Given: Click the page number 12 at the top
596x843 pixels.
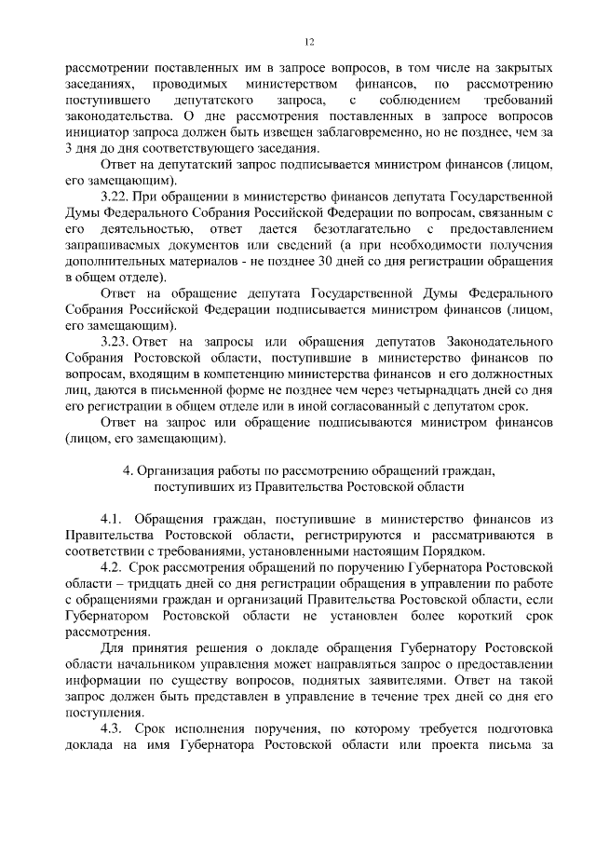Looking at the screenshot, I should tap(310, 41).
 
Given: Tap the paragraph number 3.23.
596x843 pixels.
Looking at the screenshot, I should tap(116, 359).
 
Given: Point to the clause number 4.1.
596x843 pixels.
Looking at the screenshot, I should tap(112, 517).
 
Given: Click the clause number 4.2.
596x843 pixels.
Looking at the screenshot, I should tap(112, 567).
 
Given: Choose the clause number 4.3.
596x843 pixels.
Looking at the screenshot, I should tap(112, 727).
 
